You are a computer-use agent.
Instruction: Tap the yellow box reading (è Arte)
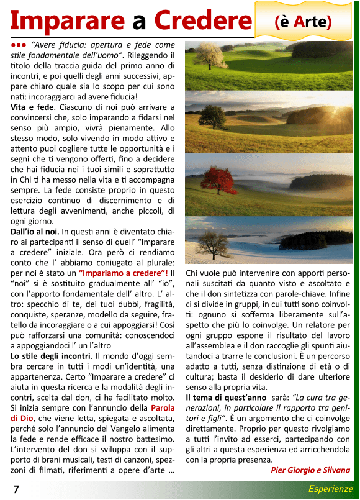click(303, 22)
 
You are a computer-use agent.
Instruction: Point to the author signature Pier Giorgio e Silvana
click(310, 470)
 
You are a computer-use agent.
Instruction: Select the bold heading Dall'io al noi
click(35, 232)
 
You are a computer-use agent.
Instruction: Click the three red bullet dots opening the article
click(18, 45)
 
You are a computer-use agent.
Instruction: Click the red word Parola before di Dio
click(163, 407)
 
